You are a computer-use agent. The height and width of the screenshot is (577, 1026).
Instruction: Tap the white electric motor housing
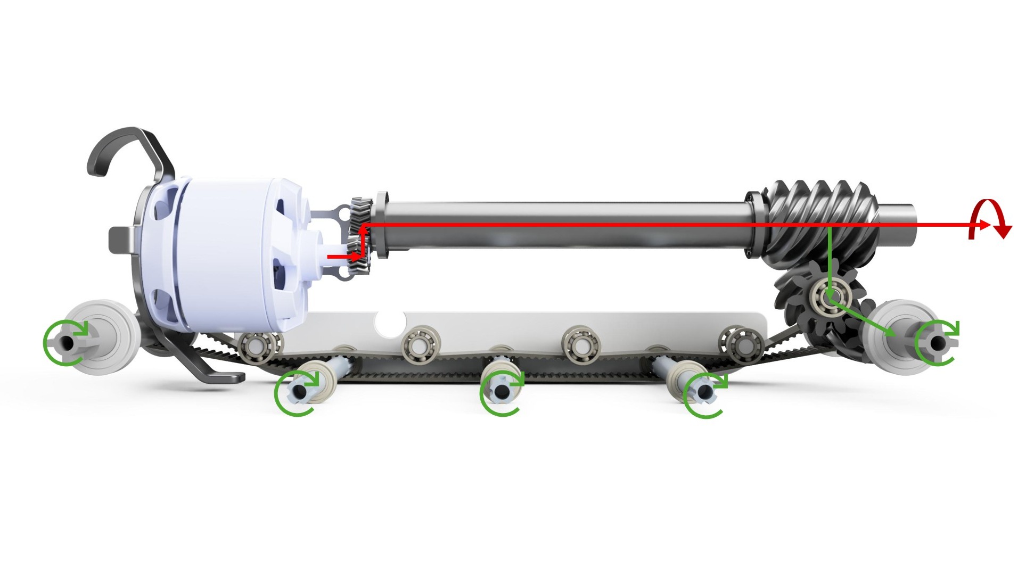(229, 250)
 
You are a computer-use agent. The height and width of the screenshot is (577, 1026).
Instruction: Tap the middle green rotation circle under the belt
(501, 393)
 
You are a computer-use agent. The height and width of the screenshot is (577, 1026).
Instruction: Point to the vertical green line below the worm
(830, 261)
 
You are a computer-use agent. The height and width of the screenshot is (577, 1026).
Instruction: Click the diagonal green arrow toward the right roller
(863, 319)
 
